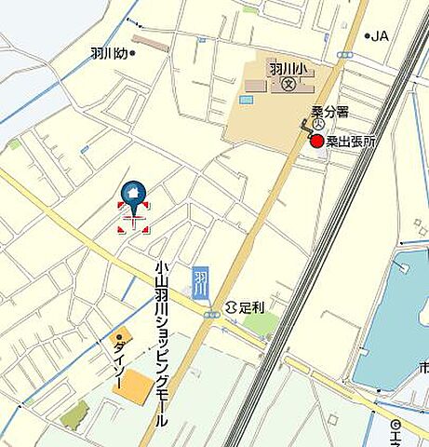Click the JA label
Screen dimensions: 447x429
(x=380, y=36)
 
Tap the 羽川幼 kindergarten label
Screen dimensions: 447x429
(x=109, y=54)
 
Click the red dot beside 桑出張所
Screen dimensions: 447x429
(x=317, y=142)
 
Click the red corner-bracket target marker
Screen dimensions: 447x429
(x=133, y=216)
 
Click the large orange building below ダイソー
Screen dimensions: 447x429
(x=137, y=386)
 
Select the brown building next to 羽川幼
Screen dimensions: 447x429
(x=150, y=43)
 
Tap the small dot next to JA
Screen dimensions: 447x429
(x=367, y=36)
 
